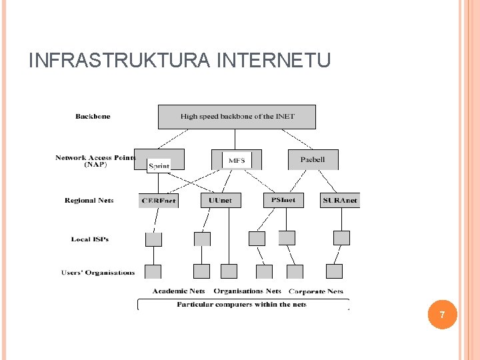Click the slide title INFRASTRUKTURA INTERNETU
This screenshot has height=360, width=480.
(x=179, y=61)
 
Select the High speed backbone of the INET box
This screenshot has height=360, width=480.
(x=237, y=117)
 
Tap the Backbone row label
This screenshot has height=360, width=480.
(x=93, y=117)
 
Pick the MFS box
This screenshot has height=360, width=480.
(x=237, y=160)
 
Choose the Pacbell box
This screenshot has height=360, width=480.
(x=313, y=160)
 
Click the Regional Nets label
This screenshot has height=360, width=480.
(x=89, y=200)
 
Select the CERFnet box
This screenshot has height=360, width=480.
(x=159, y=200)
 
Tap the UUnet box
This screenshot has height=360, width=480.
(x=221, y=200)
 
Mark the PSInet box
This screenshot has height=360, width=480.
(x=283, y=199)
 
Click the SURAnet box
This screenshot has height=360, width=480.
(x=340, y=200)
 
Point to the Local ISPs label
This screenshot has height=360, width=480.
(x=90, y=239)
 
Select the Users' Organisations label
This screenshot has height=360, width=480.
(x=98, y=272)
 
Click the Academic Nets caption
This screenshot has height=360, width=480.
(x=179, y=291)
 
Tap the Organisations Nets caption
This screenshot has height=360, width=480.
(x=247, y=291)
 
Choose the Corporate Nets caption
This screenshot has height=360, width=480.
(x=316, y=291)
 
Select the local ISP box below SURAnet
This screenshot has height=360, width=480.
(x=341, y=238)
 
